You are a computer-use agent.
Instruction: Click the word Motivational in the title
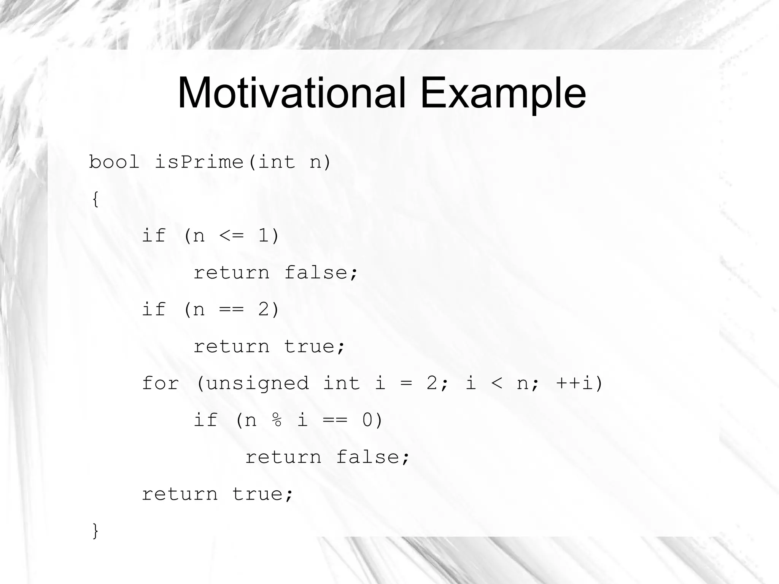291,93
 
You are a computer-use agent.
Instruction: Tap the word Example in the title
503,93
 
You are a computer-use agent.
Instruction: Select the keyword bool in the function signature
114,162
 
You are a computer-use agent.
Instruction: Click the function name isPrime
199,162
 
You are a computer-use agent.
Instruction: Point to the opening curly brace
95,199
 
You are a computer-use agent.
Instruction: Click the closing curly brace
95,531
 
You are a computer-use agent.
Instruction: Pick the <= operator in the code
231,236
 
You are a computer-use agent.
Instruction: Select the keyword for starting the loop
160,383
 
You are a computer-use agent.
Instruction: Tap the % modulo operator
277,420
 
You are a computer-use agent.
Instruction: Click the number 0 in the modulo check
367,420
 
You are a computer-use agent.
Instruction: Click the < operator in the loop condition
497,383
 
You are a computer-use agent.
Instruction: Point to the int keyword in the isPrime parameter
277,162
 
